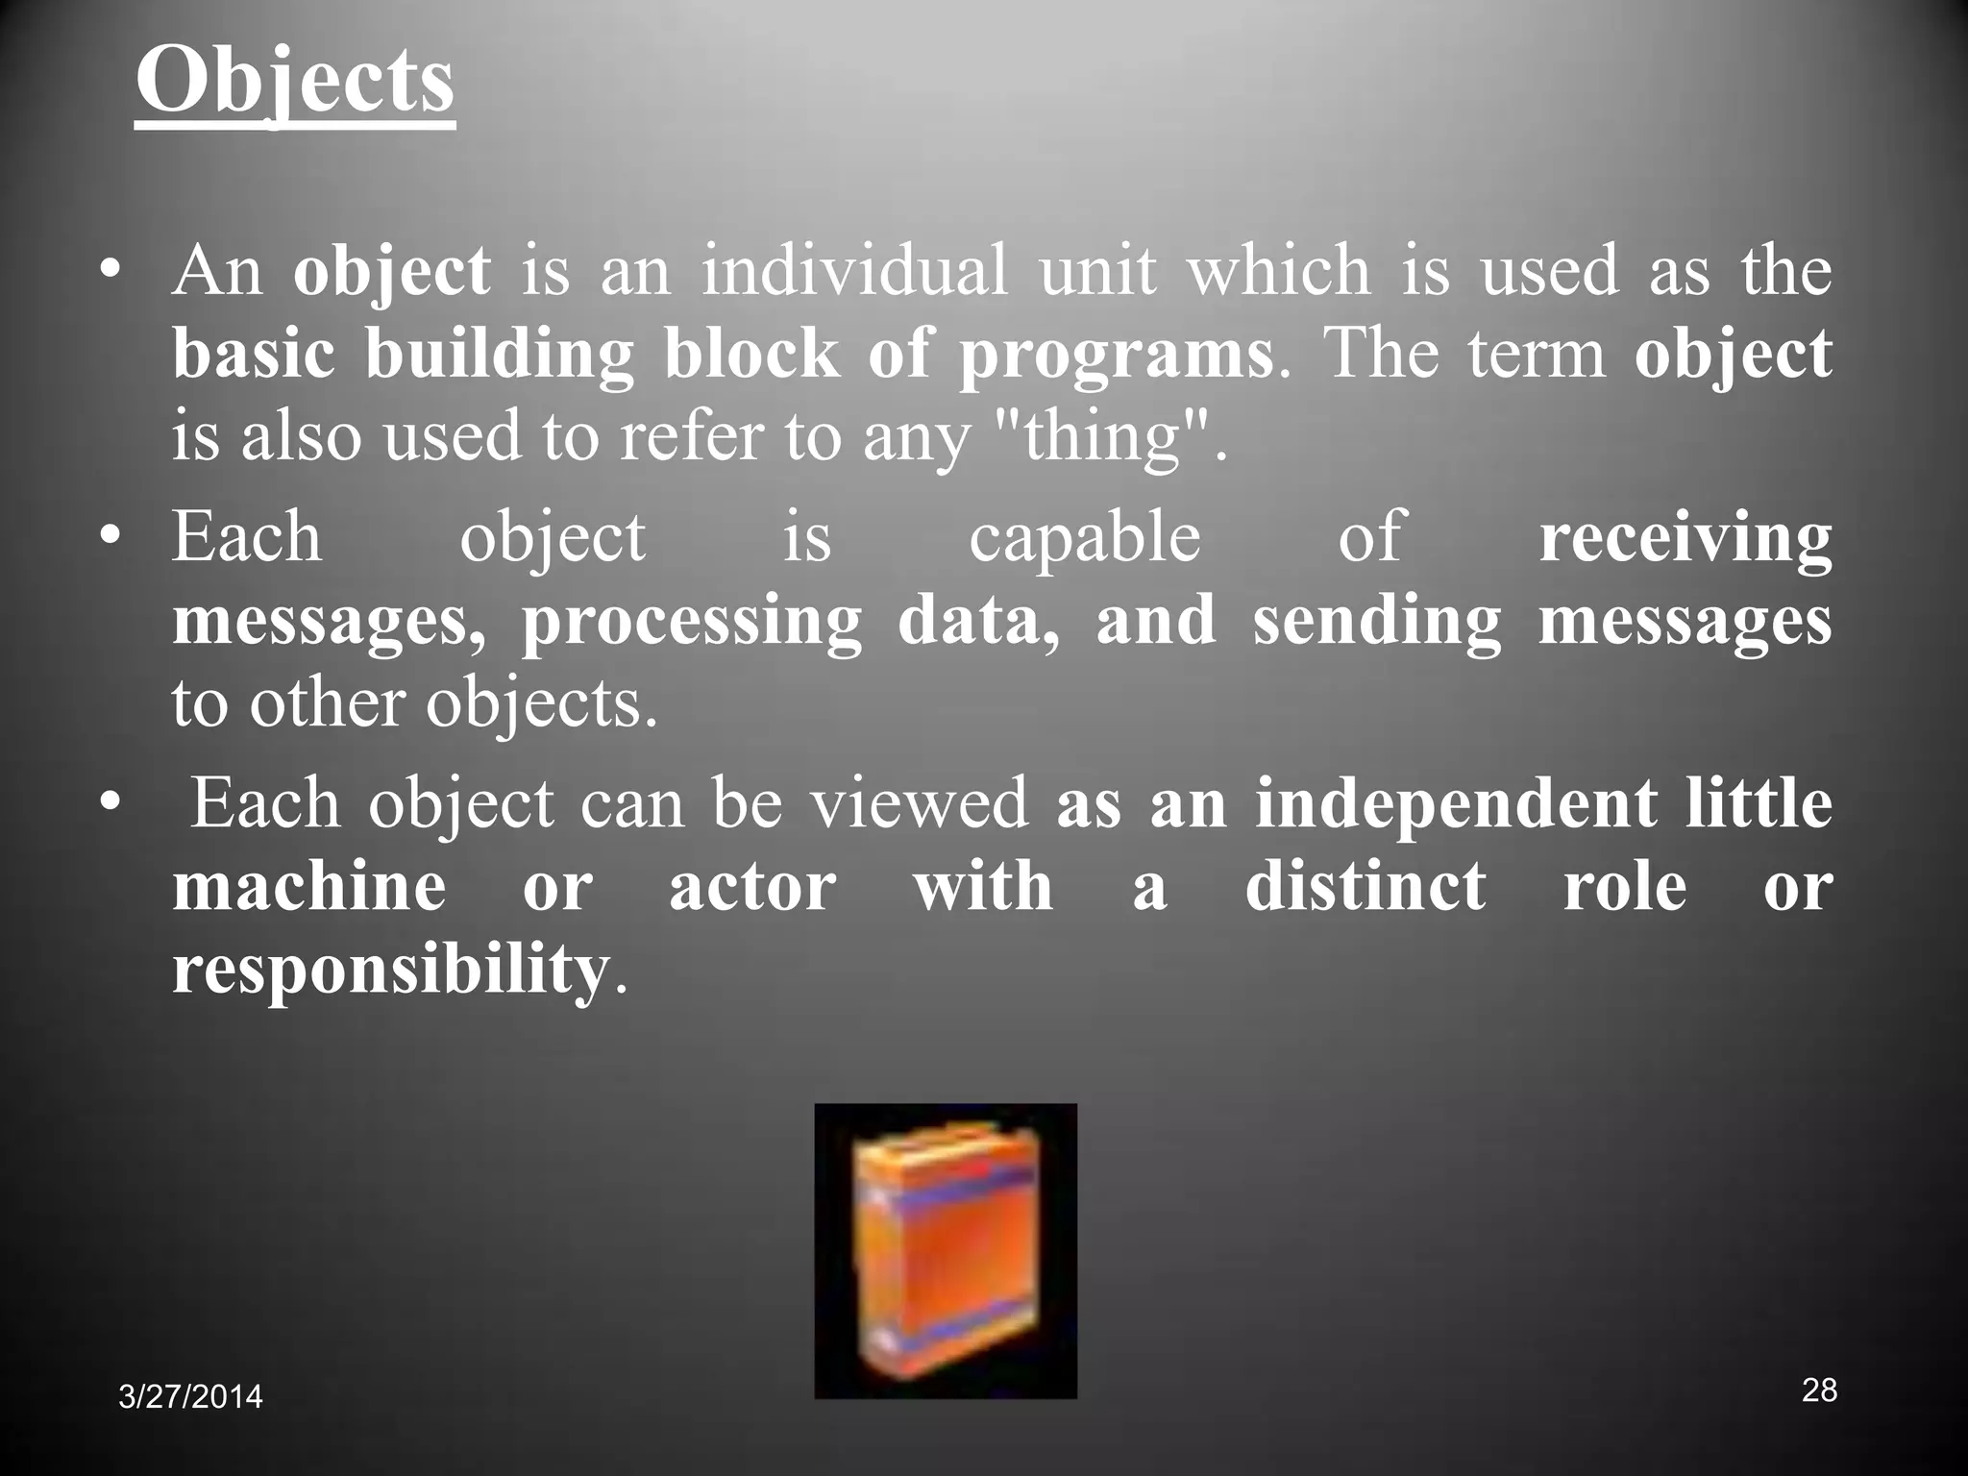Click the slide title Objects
click(294, 81)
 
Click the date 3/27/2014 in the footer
click(190, 1396)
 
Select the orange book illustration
click(945, 1250)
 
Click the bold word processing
click(691, 622)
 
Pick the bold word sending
click(1376, 622)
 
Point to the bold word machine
click(309, 885)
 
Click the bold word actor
click(751, 885)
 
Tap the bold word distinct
click(1365, 885)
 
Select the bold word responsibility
click(390, 970)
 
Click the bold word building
click(499, 355)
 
